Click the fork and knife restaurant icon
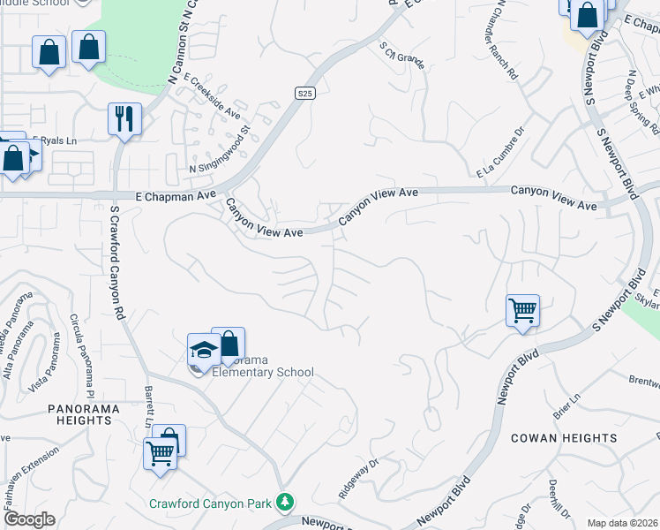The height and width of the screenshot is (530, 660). pyautogui.click(x=124, y=117)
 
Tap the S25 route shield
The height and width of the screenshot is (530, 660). pyautogui.click(x=304, y=93)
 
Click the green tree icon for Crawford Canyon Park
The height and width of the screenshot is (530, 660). pyautogui.click(x=284, y=503)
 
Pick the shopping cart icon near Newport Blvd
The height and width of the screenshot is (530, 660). pyautogui.click(x=522, y=311)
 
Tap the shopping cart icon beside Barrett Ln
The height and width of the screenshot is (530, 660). pyautogui.click(x=160, y=454)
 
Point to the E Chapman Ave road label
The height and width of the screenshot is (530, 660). pyautogui.click(x=176, y=195)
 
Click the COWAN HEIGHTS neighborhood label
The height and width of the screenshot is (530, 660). pyautogui.click(x=564, y=438)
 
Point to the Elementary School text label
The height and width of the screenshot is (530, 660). pyautogui.click(x=263, y=372)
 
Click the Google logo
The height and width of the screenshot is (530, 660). pyautogui.click(x=29, y=519)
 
